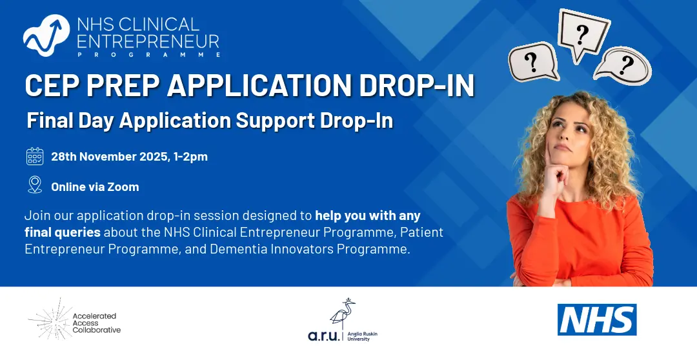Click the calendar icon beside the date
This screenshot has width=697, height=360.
pyautogui.click(x=35, y=156)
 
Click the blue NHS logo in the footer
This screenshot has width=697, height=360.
pyautogui.click(x=597, y=319)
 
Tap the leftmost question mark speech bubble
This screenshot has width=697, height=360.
pyautogui.click(x=532, y=62)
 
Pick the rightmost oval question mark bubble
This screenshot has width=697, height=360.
pyautogui.click(x=623, y=65)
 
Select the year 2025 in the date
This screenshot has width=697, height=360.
pyautogui.click(x=153, y=157)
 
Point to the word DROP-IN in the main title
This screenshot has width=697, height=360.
pyautogui.click(x=417, y=85)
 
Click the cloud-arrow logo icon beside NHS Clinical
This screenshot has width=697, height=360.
pyautogui.click(x=46, y=35)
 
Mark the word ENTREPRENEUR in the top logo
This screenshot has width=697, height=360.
pyautogui.click(x=148, y=42)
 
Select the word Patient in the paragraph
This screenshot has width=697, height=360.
pyautogui.click(x=422, y=232)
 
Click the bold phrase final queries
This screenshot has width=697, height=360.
pyautogui.click(x=63, y=233)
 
